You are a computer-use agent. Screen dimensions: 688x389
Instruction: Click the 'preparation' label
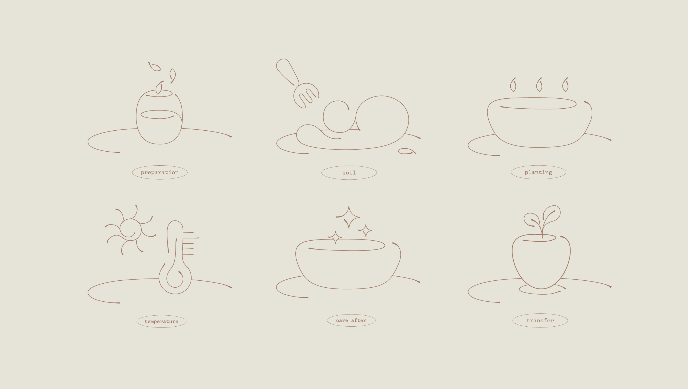(x=160, y=172)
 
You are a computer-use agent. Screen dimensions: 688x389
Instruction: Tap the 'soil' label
(x=349, y=173)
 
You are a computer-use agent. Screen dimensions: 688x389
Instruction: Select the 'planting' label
(x=538, y=172)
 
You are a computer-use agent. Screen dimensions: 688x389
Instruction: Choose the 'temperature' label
(x=162, y=321)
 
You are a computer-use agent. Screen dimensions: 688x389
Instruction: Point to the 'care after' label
(x=351, y=320)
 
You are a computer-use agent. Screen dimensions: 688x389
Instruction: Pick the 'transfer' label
(x=540, y=320)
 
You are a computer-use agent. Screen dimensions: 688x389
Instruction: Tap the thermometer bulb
(x=175, y=280)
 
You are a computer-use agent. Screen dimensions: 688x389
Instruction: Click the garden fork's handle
(x=287, y=71)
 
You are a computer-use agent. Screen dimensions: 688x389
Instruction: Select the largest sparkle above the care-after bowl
(x=349, y=217)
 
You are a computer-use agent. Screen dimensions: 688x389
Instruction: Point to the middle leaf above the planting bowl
(x=539, y=85)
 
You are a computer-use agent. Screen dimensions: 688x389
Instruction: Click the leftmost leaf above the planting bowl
(x=513, y=85)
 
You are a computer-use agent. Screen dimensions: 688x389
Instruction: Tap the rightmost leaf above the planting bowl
(x=565, y=85)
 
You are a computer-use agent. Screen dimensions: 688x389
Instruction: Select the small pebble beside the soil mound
(x=407, y=151)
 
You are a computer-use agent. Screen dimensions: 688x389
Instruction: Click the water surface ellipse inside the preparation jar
(x=158, y=114)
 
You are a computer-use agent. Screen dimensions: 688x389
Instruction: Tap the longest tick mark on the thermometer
(x=191, y=238)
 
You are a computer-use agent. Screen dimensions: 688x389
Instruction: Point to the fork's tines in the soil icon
(x=306, y=96)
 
